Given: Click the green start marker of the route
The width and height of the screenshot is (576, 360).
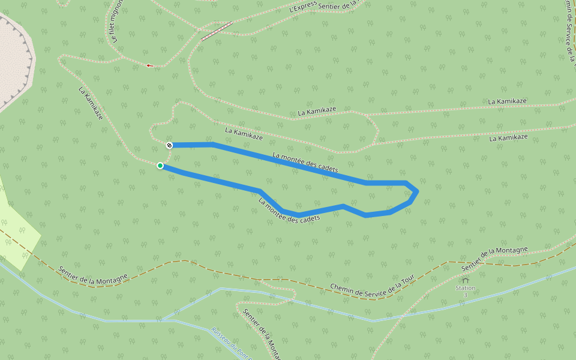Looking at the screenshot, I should click(x=160, y=166).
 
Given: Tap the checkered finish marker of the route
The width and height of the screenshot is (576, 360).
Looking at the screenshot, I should click(x=170, y=145).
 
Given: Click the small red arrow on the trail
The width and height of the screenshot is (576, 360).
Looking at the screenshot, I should click(x=149, y=65).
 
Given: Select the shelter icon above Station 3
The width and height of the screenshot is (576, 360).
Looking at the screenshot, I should click(x=465, y=280).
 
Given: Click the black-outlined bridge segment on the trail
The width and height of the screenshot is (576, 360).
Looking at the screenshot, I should click(x=217, y=31).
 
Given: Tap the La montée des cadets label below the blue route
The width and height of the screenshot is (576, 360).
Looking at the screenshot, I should click(x=289, y=211).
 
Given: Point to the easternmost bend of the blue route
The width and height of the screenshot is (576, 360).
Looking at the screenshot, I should click(x=417, y=191).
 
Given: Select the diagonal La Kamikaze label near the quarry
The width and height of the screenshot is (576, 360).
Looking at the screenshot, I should click(x=91, y=103).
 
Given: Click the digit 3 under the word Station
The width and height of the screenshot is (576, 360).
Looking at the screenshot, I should click(x=465, y=295).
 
